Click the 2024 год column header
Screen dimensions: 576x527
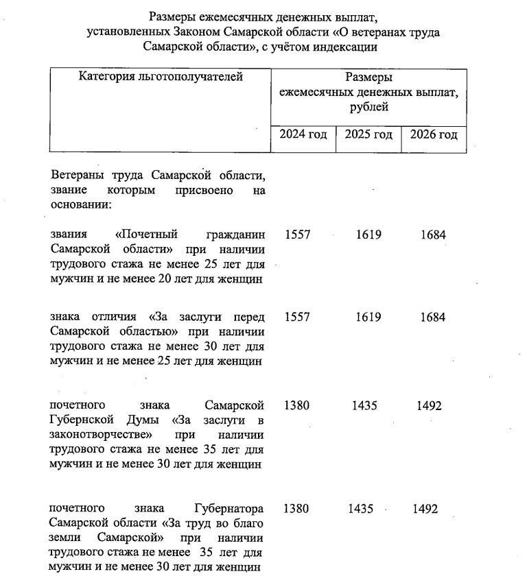pos(303,134)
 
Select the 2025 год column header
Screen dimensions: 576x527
pos(368,134)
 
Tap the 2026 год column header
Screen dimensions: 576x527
pos(434,134)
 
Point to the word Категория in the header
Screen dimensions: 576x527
pos(107,77)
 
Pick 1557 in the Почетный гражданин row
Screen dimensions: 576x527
pos(297,235)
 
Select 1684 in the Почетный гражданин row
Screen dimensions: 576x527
pos(433,235)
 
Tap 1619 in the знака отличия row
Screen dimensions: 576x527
pos(368,317)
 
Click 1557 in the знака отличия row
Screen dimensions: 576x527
pos(297,317)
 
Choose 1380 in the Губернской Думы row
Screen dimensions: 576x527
pos(296,406)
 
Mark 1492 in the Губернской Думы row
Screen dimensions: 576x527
pos(429,406)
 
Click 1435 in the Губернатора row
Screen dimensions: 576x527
pos(362,509)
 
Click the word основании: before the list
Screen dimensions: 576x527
pos(81,205)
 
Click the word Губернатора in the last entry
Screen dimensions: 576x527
pos(229,509)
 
